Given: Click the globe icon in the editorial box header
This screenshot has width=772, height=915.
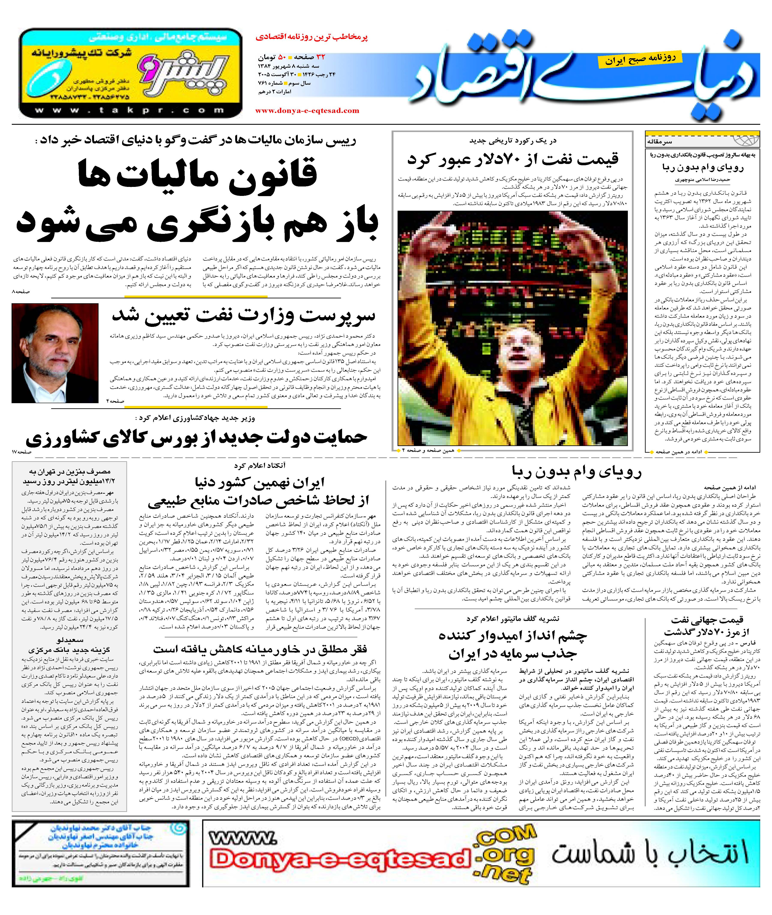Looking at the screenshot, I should (744, 140).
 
